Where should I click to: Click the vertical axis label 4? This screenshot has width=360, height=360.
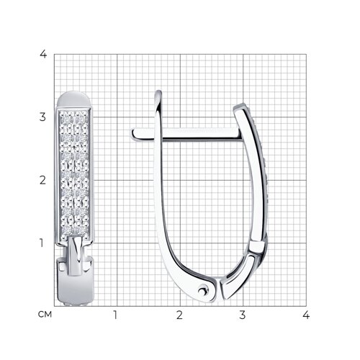click(x=43, y=54)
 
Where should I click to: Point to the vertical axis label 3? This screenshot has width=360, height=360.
click(x=42, y=117)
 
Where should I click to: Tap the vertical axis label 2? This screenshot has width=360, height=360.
click(x=42, y=180)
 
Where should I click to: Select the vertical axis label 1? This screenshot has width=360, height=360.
click(x=42, y=243)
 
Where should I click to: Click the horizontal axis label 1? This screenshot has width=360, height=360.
click(x=115, y=315)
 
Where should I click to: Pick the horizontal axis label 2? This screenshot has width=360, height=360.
click(x=179, y=315)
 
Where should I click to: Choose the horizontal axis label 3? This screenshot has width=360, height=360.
click(x=243, y=315)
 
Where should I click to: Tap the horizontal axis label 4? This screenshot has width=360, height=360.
click(x=306, y=315)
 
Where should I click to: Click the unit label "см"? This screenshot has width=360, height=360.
click(x=45, y=315)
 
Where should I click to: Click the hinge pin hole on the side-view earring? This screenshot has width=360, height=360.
click(x=203, y=291)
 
